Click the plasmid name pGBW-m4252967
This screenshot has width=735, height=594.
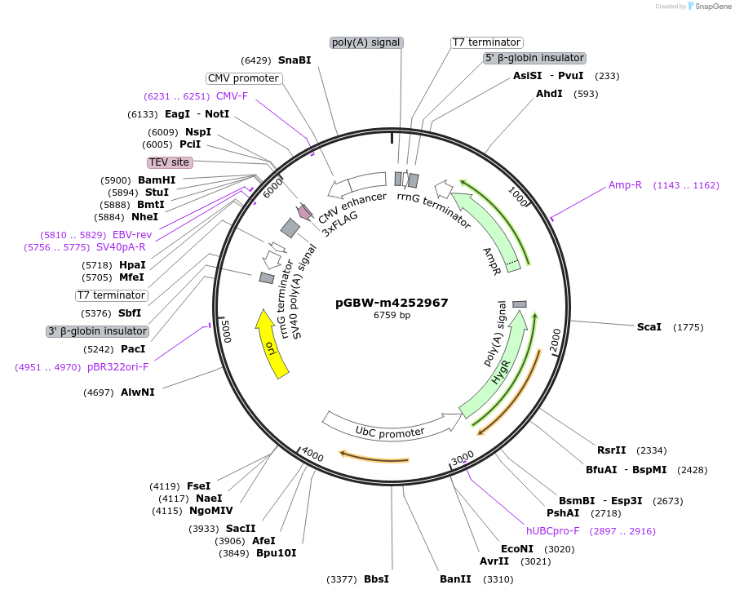pos(392,303)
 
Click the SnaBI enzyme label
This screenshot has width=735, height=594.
pos(294,60)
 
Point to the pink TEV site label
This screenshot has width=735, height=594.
pos(169,162)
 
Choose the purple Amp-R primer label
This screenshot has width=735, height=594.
pos(625,185)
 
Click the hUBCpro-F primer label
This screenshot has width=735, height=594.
pos(552,531)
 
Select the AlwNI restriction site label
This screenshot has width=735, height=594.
pos(137,392)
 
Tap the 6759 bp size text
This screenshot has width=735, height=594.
pos(392,315)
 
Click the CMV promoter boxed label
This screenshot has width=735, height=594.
pos(243,78)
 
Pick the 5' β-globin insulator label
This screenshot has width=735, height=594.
pos(534,58)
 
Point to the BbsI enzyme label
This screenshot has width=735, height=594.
pos(376,579)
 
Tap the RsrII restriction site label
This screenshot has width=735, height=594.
pos(611,450)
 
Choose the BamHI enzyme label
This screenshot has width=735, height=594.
pos(157,180)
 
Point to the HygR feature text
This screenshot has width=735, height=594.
pos(501,371)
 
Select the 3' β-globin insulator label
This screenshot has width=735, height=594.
pos(98,331)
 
